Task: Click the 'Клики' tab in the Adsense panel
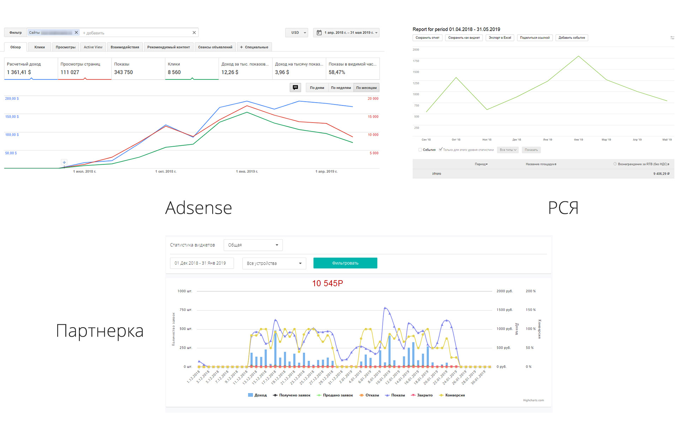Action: point(40,47)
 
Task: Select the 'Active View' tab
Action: point(93,47)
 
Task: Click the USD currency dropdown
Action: point(297,33)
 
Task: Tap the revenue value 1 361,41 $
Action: point(19,72)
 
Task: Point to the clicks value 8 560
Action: point(174,72)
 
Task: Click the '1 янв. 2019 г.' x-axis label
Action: point(247,171)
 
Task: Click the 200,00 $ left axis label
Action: point(12,99)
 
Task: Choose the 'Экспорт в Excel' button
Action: point(500,38)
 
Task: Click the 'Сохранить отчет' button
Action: point(427,38)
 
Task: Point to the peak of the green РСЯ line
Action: point(578,56)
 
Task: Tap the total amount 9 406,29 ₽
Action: point(661,173)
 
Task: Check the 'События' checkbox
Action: point(420,150)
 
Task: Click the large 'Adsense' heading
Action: point(198,208)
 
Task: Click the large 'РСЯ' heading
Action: point(563,208)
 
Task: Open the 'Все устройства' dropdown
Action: point(274,263)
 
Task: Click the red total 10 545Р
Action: point(327,283)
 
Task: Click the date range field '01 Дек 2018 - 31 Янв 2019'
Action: point(202,263)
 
